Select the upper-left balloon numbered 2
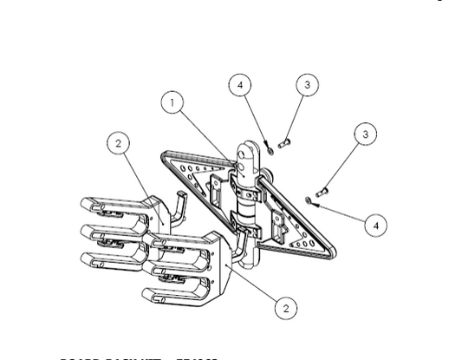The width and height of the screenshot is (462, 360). click(x=119, y=143)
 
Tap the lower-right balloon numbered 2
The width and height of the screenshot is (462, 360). click(x=285, y=306)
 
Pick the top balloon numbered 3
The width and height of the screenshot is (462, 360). click(x=306, y=85)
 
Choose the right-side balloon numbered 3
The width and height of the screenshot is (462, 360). click(x=366, y=134)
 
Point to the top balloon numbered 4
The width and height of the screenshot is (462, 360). click(x=241, y=85)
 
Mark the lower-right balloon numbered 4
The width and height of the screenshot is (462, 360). click(x=374, y=226)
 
